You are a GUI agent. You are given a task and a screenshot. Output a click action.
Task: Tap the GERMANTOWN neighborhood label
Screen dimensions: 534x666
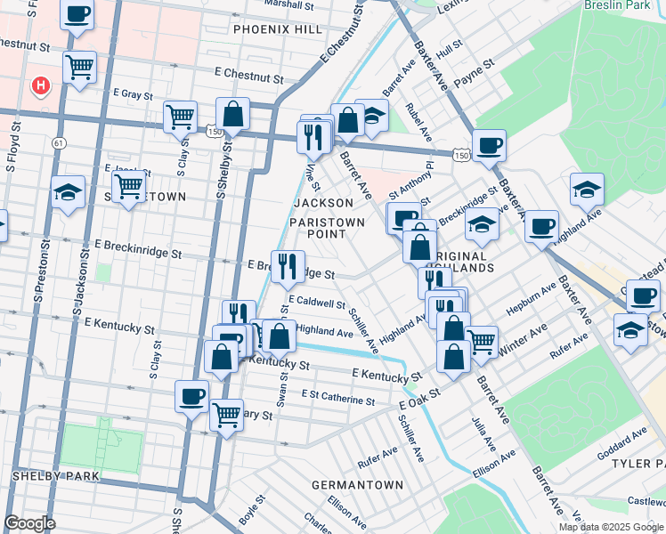(x=357, y=485)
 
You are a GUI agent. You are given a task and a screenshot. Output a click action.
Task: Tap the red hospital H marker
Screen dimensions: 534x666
(x=40, y=86)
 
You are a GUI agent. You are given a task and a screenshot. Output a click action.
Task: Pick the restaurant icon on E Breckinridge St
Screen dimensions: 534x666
(x=288, y=266)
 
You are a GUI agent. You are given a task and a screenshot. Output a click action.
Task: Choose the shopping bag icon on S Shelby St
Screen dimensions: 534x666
(x=232, y=113)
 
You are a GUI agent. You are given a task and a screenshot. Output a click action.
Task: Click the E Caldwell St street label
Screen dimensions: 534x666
(x=315, y=303)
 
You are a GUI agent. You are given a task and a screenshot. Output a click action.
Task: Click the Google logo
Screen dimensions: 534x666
(x=30, y=523)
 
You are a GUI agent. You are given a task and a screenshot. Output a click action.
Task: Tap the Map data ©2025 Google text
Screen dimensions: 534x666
(x=610, y=527)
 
